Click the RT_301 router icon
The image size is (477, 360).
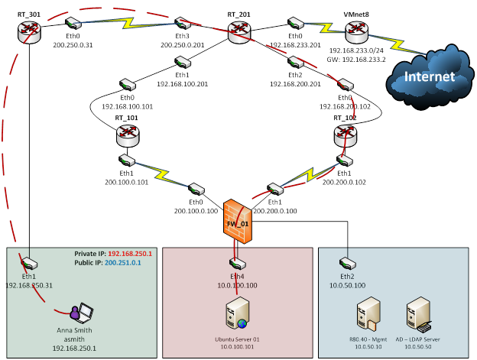[30, 30]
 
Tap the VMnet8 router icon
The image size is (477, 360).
[356, 32]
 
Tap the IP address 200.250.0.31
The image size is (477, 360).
[73, 45]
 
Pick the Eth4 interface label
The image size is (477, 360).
[237, 276]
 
